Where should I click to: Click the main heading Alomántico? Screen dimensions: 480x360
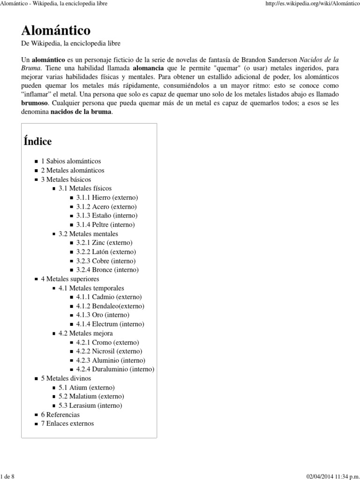tap(56, 30)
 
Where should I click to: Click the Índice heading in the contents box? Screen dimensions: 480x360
tap(37, 141)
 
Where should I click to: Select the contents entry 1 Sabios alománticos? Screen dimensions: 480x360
tap(71, 161)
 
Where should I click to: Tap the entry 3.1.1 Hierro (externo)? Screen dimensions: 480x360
tap(107, 197)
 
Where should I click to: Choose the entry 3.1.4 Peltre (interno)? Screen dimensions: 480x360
tap(105, 225)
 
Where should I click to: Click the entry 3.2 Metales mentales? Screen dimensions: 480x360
tap(88, 233)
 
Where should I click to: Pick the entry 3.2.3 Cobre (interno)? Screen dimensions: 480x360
tap(106, 261)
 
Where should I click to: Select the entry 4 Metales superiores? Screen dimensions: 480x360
tap(70, 278)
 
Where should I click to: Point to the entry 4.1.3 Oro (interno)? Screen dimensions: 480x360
tap(103, 315)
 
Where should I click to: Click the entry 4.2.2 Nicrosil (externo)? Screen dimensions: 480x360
tap(110, 351)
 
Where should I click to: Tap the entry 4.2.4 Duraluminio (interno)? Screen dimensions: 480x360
tap(115, 369)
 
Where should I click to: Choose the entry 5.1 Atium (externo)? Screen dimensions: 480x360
tap(86, 387)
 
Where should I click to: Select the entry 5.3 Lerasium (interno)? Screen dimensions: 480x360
tap(90, 405)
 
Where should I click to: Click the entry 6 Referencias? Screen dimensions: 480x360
tap(60, 414)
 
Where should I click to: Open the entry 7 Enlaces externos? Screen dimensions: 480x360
tap(67, 423)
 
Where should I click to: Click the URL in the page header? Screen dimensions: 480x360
tap(311, 4)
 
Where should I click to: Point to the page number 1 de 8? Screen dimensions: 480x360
tap(8, 476)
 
